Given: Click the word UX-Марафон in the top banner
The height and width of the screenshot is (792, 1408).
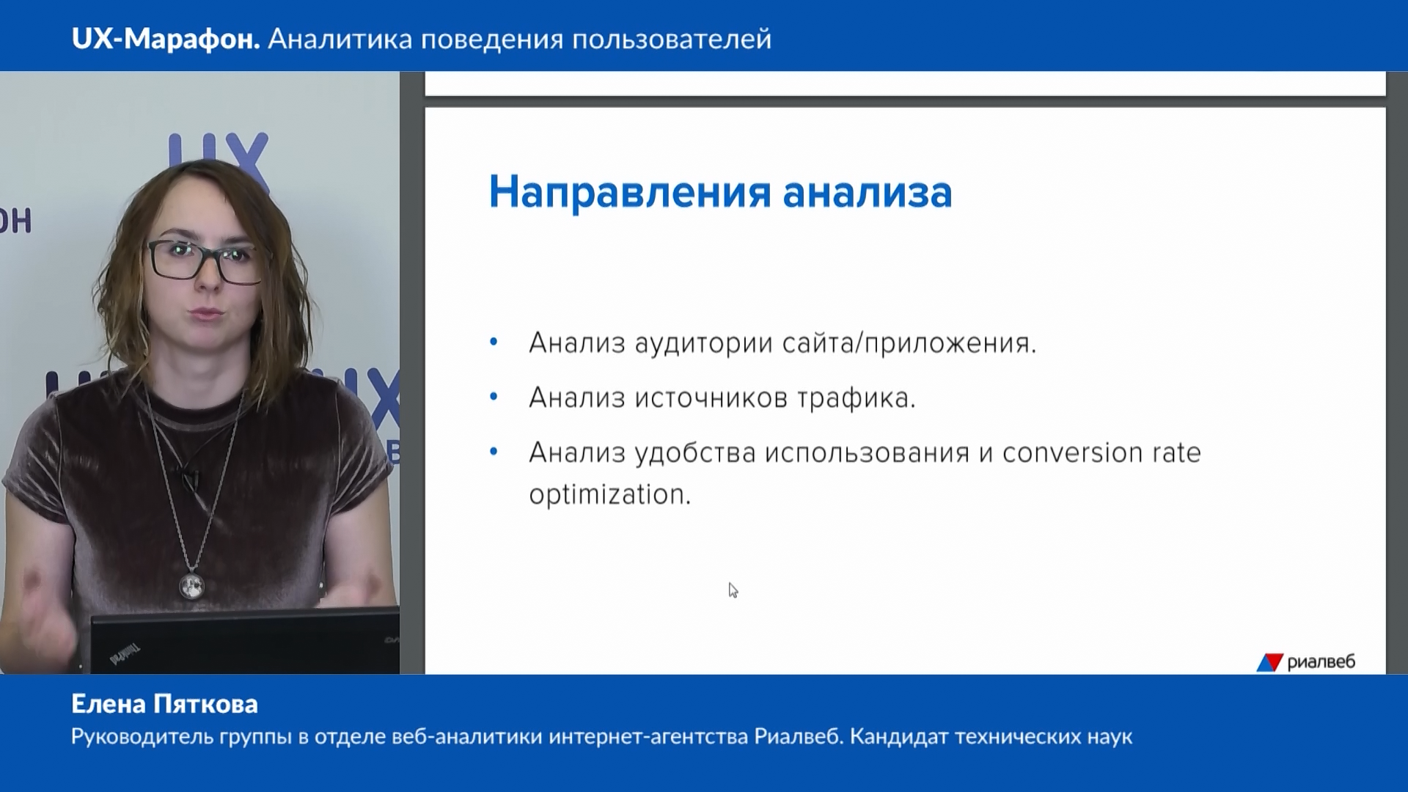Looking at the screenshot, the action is tap(166, 39).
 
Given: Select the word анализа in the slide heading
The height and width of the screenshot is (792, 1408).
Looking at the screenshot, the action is tap(868, 192).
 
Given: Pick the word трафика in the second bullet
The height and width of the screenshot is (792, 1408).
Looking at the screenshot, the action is tap(857, 398).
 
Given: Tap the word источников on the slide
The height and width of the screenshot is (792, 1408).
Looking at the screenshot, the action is tap(711, 398).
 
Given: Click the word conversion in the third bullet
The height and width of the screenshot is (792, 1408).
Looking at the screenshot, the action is tap(1073, 453).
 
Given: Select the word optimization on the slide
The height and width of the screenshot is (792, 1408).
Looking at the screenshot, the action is tap(610, 495).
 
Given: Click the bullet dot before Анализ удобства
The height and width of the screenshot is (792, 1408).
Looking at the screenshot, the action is tap(494, 452).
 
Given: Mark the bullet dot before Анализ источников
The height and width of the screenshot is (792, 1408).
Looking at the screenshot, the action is tap(494, 397).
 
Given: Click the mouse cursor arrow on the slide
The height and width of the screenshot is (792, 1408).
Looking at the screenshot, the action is tap(733, 590).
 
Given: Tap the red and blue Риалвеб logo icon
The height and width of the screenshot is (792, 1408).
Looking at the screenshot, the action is tap(1269, 662).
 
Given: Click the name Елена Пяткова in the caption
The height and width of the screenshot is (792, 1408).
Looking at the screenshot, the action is tap(165, 704).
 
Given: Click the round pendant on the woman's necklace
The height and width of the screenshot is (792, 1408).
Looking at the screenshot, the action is tap(191, 585).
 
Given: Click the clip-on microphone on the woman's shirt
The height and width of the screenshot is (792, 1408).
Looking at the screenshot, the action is tap(189, 479).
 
